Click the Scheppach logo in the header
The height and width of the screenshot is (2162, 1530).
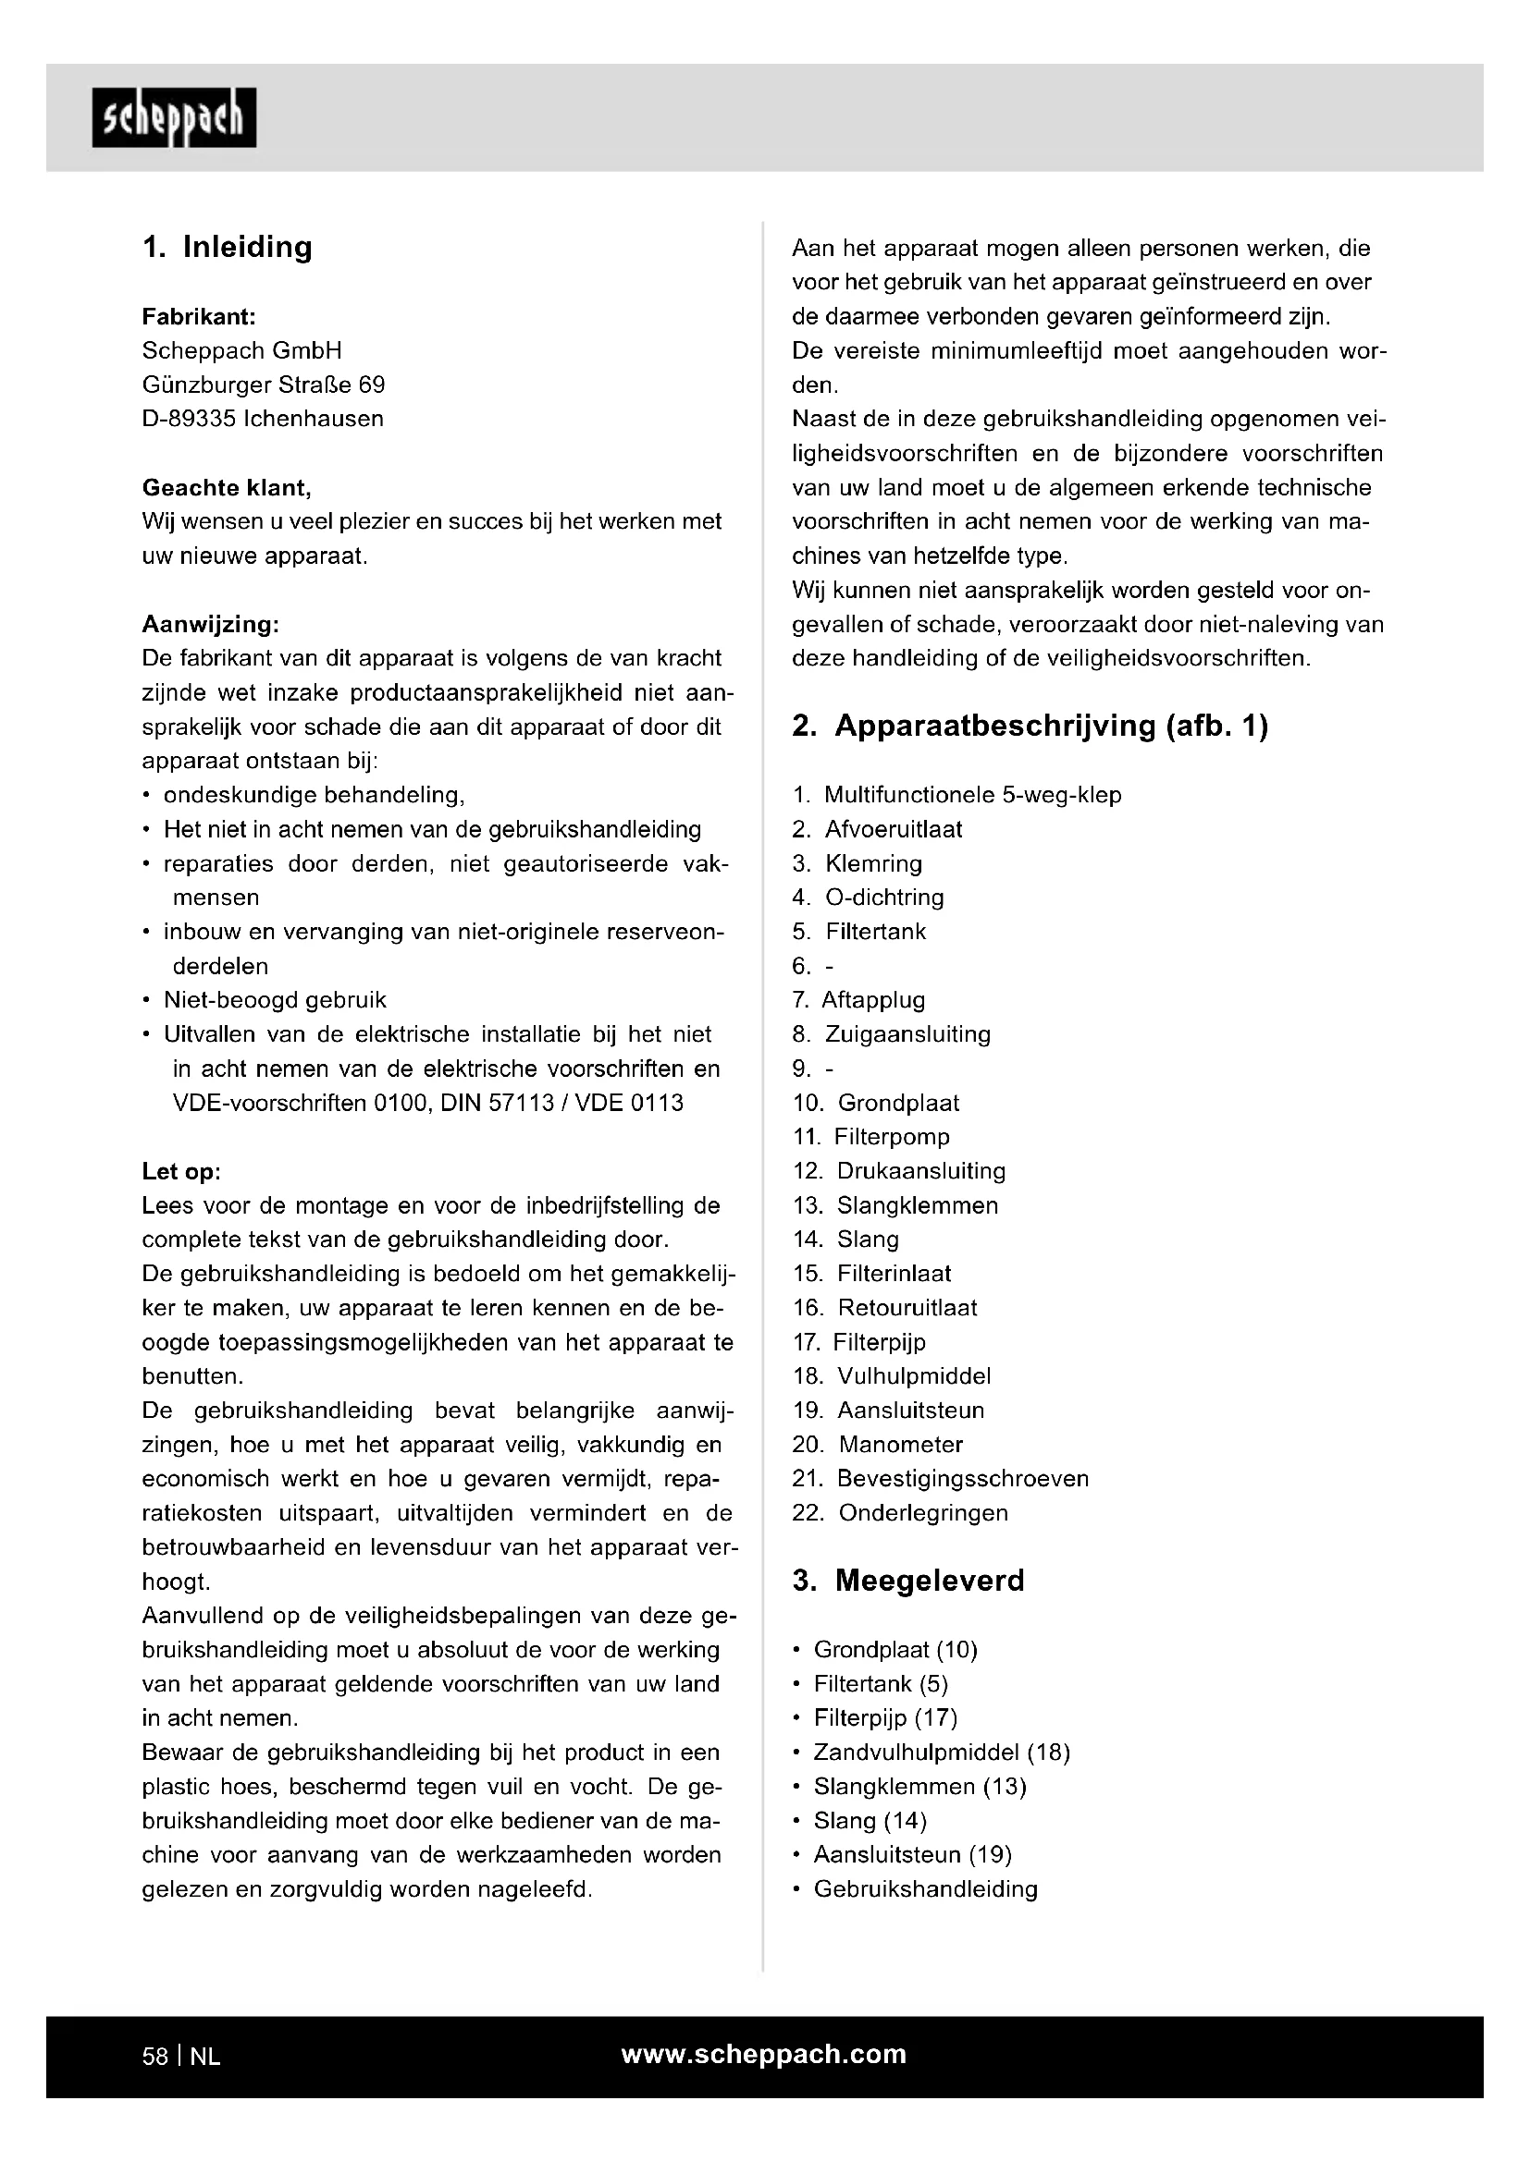coord(174,117)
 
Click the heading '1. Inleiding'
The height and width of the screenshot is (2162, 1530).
coord(227,247)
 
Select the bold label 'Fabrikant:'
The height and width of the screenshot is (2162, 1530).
coord(199,316)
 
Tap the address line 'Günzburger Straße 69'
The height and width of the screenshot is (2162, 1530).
coord(263,385)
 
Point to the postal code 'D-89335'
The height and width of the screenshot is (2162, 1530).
coord(189,419)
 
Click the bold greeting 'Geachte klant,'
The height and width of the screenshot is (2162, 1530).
coord(226,488)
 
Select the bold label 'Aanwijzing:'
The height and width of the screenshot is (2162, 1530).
coord(210,624)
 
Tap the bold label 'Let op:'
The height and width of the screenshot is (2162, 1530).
coord(181,1171)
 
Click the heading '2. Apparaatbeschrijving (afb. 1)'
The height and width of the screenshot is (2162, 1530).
coord(1030,726)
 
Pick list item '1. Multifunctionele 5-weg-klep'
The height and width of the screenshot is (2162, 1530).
coord(957,795)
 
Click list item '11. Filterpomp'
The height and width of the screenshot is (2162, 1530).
coord(871,1137)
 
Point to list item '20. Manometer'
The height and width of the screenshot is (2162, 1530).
coord(878,1445)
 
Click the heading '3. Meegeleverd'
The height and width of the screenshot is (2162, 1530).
coord(908,1580)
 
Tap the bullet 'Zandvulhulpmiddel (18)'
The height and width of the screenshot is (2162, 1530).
coord(941,1753)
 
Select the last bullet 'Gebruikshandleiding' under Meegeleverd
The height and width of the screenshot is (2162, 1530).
coord(925,1889)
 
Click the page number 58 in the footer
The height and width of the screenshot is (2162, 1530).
coord(154,2057)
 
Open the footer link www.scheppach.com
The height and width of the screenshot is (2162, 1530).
coord(763,2055)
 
